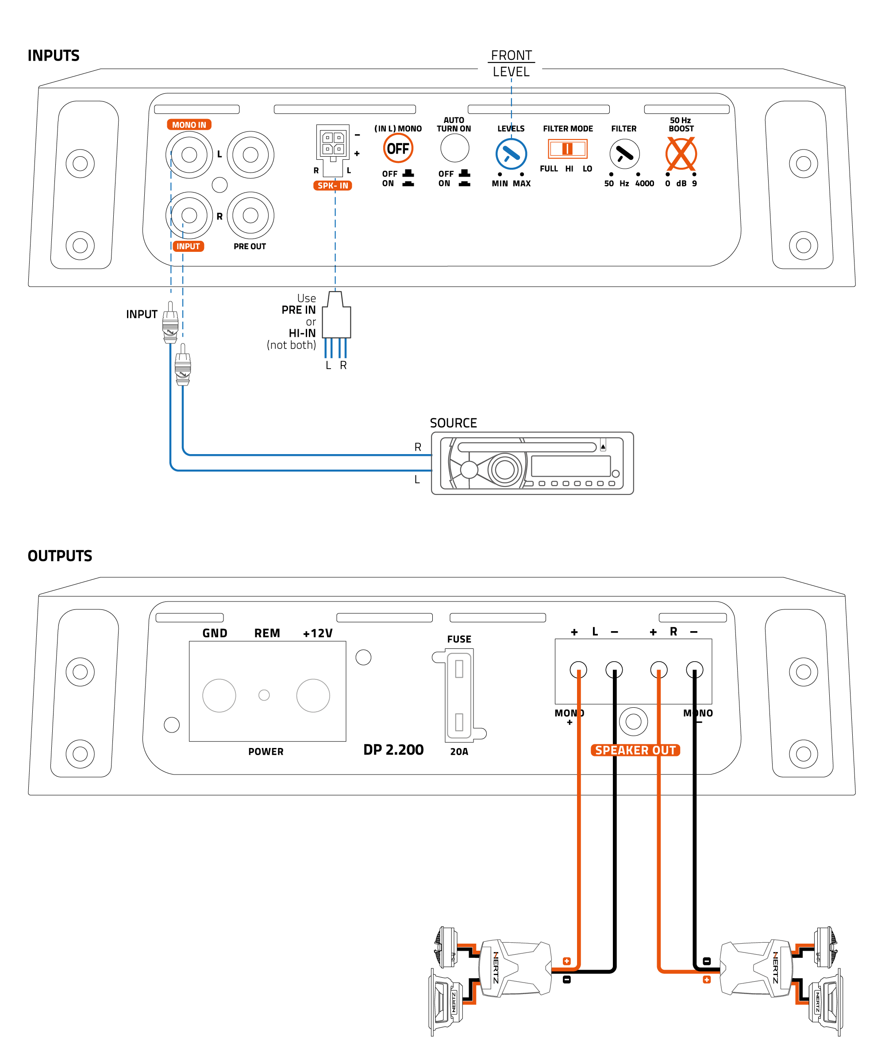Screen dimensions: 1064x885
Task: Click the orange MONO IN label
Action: point(189,125)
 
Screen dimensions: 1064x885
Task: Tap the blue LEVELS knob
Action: point(511,154)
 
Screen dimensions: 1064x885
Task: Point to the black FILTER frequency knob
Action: point(624,154)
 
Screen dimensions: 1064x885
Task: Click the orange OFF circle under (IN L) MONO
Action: point(398,148)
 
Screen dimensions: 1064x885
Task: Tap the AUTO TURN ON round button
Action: point(454,148)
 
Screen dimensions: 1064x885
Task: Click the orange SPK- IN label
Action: point(332,185)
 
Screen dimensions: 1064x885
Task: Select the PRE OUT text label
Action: point(249,246)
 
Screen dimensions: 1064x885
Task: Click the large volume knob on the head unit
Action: point(504,469)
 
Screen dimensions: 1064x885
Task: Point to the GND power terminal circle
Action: point(219,695)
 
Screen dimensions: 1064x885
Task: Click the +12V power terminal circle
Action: point(313,695)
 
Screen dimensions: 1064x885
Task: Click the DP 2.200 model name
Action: point(393,749)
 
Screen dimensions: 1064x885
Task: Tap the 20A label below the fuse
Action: point(459,752)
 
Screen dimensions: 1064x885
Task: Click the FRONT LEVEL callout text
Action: point(511,63)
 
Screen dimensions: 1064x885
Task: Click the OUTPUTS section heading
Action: point(60,556)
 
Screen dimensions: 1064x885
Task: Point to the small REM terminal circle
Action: point(264,695)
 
